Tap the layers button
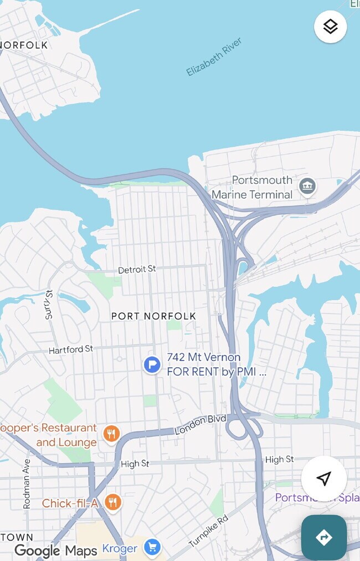tap(331, 27)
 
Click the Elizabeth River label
tap(214, 57)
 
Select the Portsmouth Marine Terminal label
tap(252, 187)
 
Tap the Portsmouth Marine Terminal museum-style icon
tap(307, 187)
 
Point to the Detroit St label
tap(137, 269)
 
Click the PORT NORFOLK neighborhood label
tap(153, 316)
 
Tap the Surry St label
tap(49, 305)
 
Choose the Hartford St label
tap(71, 349)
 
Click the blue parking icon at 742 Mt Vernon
tap(152, 365)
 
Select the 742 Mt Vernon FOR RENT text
tap(216, 365)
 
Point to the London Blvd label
tap(200, 424)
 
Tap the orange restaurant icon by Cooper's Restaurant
tap(111, 435)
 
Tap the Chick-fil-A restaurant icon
tap(112, 503)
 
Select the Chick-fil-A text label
tap(70, 503)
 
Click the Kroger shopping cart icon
tap(151, 548)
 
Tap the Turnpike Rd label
tap(208, 531)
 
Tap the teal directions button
tap(324, 537)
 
